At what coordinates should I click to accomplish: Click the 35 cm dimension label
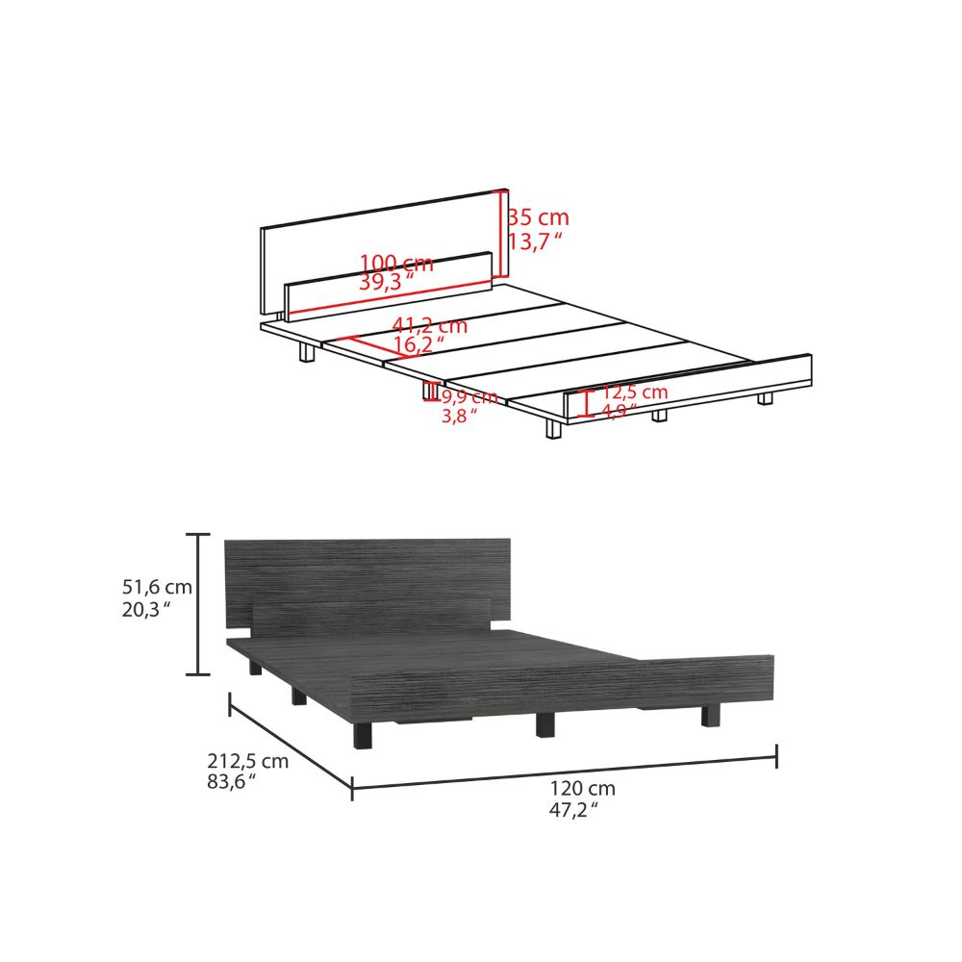pyautogui.click(x=539, y=217)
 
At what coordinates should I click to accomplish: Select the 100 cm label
pyautogui.click(x=396, y=263)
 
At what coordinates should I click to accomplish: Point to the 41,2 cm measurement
pyautogui.click(x=430, y=326)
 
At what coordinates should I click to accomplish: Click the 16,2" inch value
pyautogui.click(x=419, y=344)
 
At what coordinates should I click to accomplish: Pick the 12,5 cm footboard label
pyautogui.click(x=635, y=392)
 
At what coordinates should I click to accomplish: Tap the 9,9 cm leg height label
pyautogui.click(x=469, y=396)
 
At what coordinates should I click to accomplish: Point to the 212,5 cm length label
pyautogui.click(x=248, y=761)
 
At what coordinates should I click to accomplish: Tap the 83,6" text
pyautogui.click(x=233, y=782)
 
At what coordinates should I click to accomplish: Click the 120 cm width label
pyautogui.click(x=583, y=789)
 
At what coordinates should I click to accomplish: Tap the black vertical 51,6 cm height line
pyautogui.click(x=198, y=604)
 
